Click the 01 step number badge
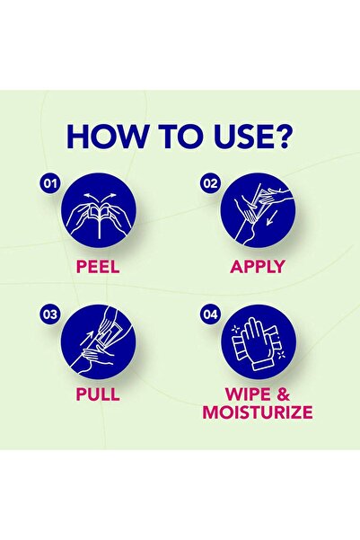coord(50,183)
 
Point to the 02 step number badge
coord(210,183)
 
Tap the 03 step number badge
coord(50,314)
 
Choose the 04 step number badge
coord(210,314)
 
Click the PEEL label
coord(98,267)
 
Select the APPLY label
coord(258,267)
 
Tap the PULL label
coord(98,394)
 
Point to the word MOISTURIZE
coord(258,412)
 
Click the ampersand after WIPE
coord(283,394)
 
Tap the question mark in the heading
coord(283,136)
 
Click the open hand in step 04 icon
coord(255,345)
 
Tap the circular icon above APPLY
coord(259,211)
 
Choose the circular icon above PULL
coord(99,342)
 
